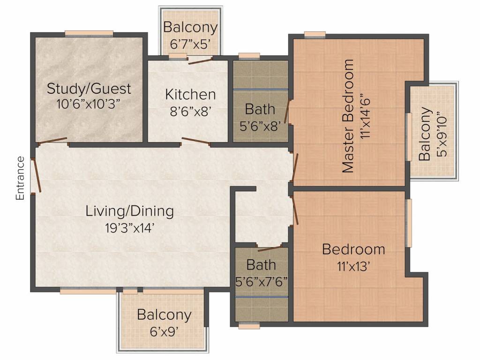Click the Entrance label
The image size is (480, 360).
[x=20, y=178]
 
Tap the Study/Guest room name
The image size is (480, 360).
[x=89, y=88]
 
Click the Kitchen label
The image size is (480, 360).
[x=190, y=94]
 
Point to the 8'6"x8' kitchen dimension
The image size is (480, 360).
[x=190, y=111]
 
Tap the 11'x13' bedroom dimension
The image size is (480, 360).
[x=353, y=266]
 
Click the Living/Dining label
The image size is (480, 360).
[x=130, y=211]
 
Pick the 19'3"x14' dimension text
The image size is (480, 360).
[x=130, y=228]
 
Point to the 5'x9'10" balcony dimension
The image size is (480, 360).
[x=441, y=134]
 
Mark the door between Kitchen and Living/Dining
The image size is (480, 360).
[x=195, y=141]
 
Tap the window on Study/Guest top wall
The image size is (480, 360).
[x=89, y=33]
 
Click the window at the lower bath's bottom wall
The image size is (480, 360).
[x=249, y=325]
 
